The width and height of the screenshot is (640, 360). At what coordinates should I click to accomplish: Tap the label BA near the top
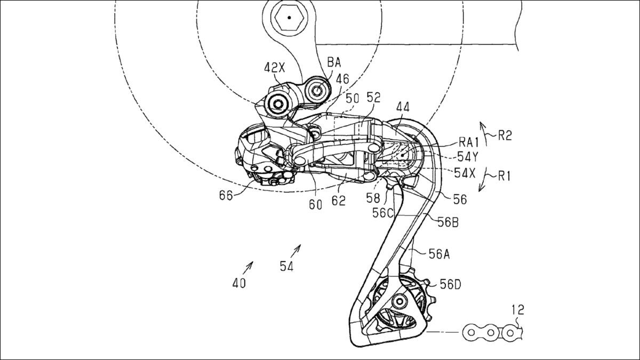(x=334, y=63)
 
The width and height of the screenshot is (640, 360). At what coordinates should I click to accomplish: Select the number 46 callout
(x=342, y=79)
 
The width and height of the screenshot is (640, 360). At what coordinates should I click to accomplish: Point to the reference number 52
(x=373, y=98)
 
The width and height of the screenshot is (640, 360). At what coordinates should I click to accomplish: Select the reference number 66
(x=226, y=196)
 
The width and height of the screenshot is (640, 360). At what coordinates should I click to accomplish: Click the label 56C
(x=383, y=212)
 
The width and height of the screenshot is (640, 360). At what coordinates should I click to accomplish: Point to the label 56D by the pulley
(x=451, y=285)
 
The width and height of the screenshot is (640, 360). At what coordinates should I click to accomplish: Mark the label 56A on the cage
(x=439, y=255)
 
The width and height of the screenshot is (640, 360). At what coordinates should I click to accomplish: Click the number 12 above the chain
(x=518, y=309)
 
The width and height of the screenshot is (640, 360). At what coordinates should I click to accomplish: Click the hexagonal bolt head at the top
(x=289, y=18)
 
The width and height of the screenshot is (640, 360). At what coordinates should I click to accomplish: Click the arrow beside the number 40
(x=249, y=266)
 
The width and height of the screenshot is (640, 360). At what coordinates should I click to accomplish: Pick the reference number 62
(x=339, y=201)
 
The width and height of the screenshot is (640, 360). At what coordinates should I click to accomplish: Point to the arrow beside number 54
(x=297, y=249)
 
